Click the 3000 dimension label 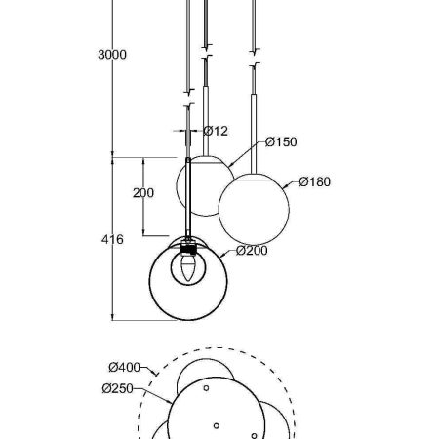tap(112, 55)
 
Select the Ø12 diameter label tap(216, 131)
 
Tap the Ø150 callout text tap(281, 141)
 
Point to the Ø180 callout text tap(314, 181)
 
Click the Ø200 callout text tap(252, 251)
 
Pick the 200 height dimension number tap(143, 193)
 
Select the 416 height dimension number tap(112, 240)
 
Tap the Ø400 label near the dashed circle tap(125, 367)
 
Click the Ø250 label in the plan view tap(118, 388)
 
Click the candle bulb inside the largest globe tap(188, 268)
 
